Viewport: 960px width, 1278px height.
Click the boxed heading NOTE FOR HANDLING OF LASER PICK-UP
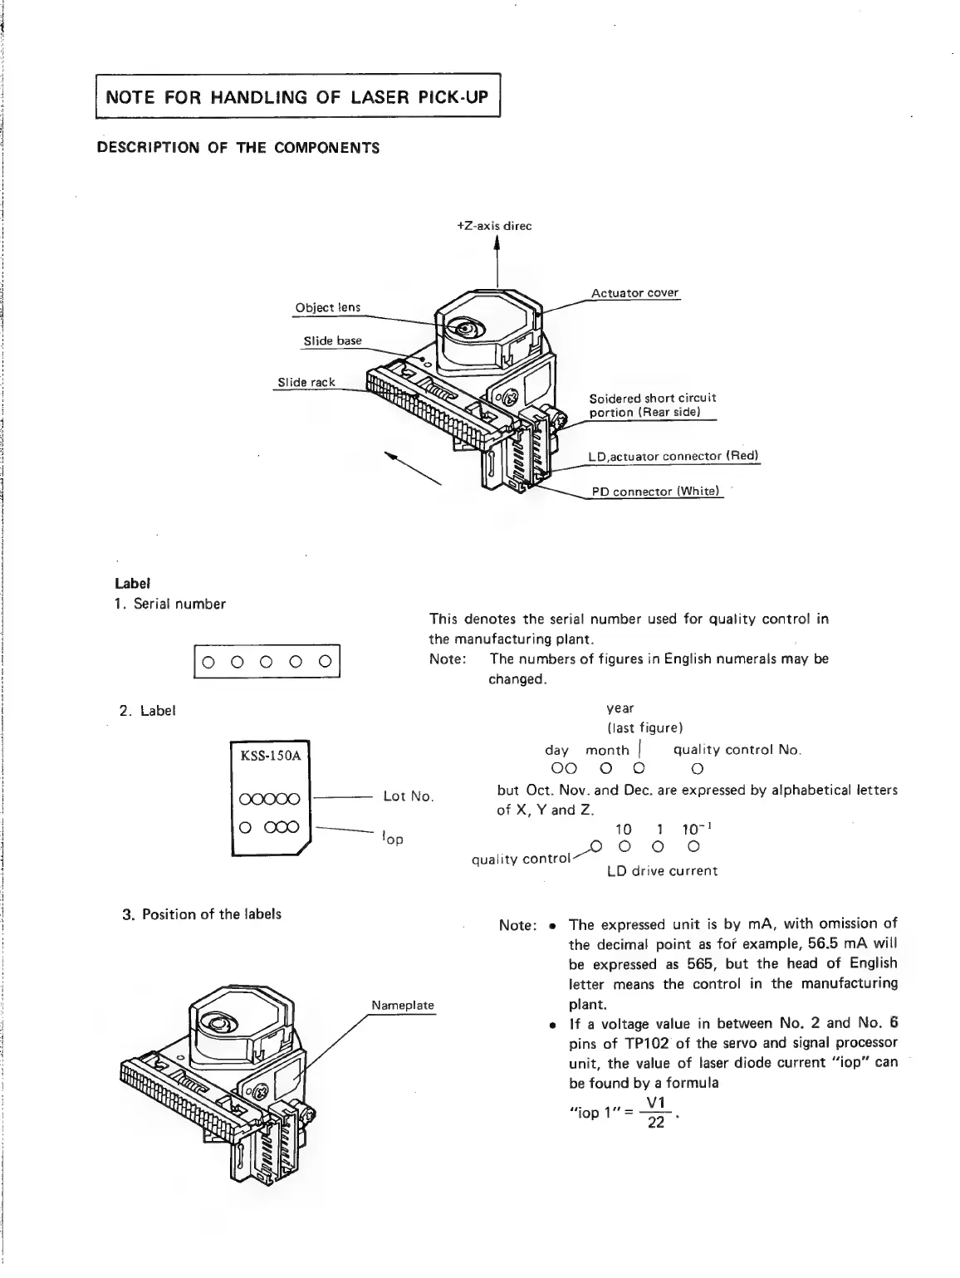296,97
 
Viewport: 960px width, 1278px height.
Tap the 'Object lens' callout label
327,307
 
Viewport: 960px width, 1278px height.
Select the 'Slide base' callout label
332,340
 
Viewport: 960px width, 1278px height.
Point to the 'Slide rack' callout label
306,382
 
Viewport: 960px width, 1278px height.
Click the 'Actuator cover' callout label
634,293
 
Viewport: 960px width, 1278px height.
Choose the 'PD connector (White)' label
654,492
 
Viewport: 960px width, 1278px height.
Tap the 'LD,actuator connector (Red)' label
673,456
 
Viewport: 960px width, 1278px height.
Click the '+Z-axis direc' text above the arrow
494,226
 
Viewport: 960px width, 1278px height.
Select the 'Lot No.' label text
408,796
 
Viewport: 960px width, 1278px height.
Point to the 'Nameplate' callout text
403,1005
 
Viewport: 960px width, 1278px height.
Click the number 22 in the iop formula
656,1121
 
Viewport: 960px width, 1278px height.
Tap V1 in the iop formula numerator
656,1102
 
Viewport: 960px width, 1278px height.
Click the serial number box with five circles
267,662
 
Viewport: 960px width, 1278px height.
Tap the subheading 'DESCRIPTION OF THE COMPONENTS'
238,148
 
